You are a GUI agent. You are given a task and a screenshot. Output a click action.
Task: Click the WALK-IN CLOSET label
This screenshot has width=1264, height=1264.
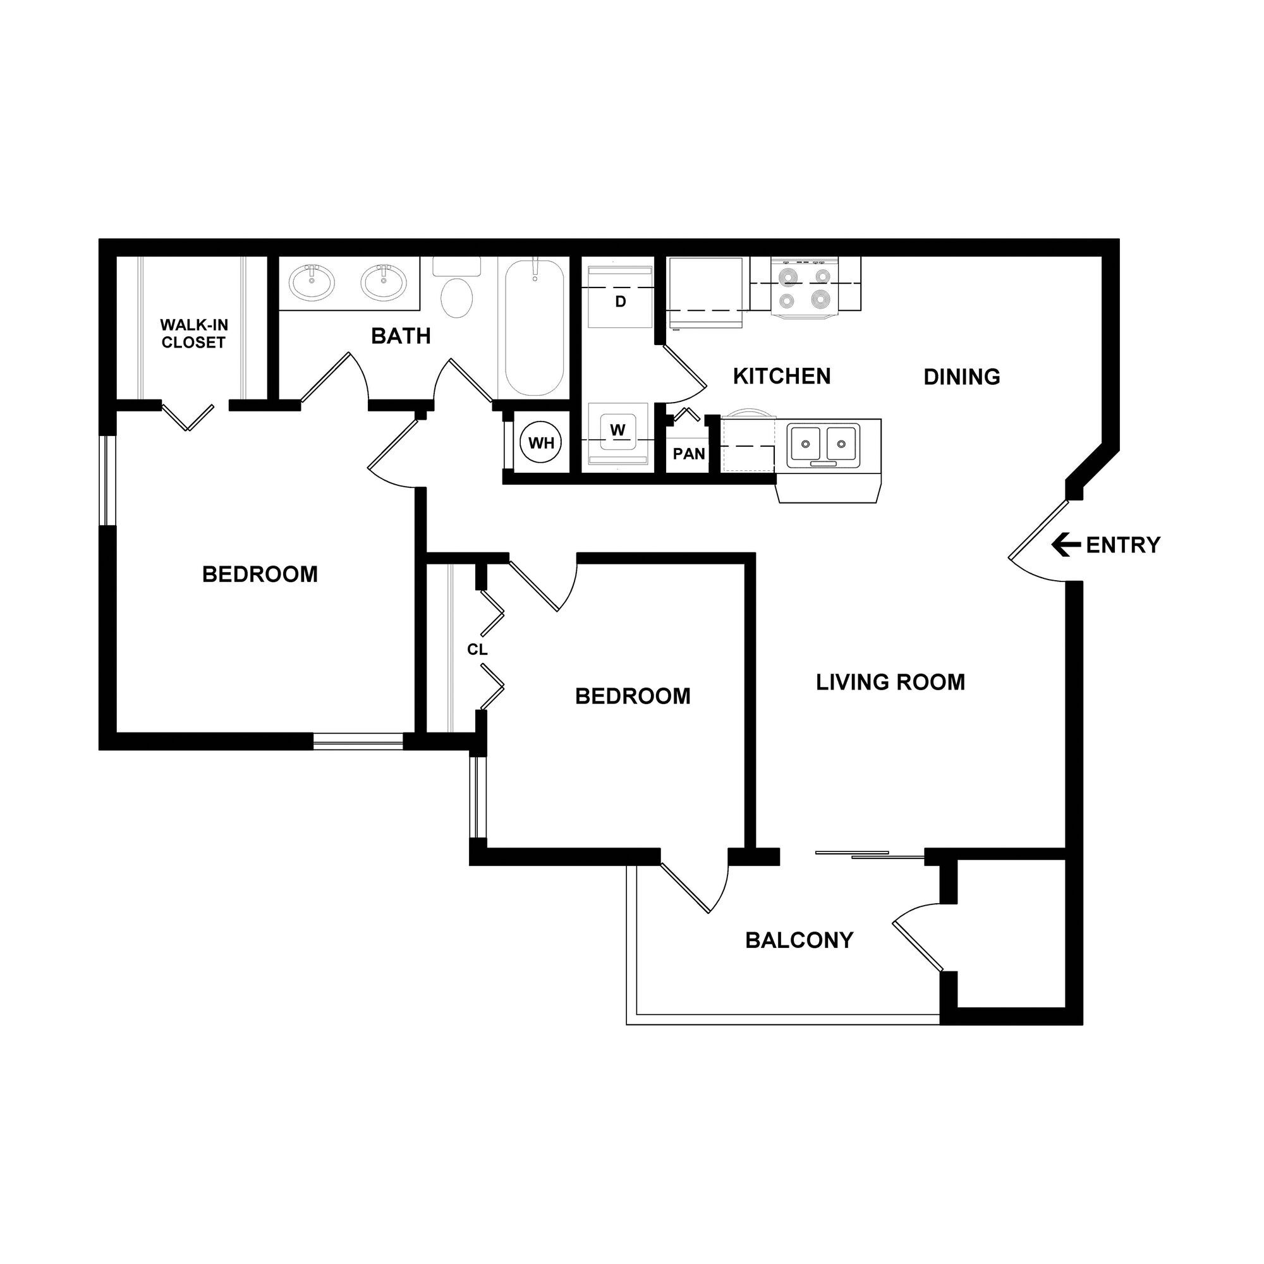[193, 334]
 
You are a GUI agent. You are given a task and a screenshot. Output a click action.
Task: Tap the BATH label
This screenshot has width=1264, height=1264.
[401, 336]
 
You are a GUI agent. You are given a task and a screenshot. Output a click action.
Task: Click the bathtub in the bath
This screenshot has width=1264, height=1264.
[534, 327]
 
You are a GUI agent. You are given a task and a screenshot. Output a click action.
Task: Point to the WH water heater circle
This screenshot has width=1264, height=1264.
[541, 443]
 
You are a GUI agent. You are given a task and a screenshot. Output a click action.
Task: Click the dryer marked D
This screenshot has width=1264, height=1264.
[619, 298]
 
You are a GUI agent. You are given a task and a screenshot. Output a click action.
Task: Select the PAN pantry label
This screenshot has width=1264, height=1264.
[689, 453]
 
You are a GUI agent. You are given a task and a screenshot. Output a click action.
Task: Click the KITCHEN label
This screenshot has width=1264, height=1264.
[782, 376]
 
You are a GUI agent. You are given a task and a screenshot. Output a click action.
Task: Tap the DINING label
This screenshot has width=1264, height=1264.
[962, 377]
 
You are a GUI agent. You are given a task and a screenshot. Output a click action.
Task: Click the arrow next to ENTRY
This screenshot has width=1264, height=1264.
[1065, 545]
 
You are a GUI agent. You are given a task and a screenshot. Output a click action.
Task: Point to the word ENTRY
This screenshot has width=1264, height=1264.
[1122, 545]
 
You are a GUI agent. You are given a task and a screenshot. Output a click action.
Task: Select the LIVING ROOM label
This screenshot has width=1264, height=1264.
[890, 683]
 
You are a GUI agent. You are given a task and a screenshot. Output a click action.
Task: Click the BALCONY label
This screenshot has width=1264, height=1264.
[799, 941]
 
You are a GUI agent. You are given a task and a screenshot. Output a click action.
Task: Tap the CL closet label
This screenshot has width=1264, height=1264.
[477, 650]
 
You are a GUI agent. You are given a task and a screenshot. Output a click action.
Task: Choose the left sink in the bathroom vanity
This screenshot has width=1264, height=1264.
[312, 282]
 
